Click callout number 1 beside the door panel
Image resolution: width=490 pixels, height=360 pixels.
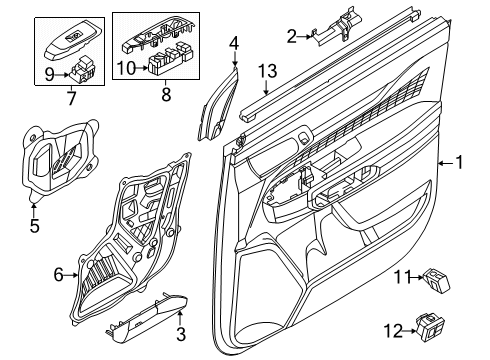460,163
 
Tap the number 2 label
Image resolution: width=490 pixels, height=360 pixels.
292,36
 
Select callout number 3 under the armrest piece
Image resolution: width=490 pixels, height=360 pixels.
181,334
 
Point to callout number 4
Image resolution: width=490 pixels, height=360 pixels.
234,43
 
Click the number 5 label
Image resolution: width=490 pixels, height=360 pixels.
34,226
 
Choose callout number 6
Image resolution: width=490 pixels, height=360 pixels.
58,275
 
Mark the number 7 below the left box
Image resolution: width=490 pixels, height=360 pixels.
72,98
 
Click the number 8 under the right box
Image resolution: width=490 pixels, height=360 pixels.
166,94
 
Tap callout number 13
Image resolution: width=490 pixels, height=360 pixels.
268,71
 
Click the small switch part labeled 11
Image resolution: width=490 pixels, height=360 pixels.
437,281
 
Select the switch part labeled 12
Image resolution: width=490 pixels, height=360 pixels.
430,327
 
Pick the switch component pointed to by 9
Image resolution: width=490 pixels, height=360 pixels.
83,70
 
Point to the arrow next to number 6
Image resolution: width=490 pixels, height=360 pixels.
71,275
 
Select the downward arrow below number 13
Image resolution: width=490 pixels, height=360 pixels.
266,87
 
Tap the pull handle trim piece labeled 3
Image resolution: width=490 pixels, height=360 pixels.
147,319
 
